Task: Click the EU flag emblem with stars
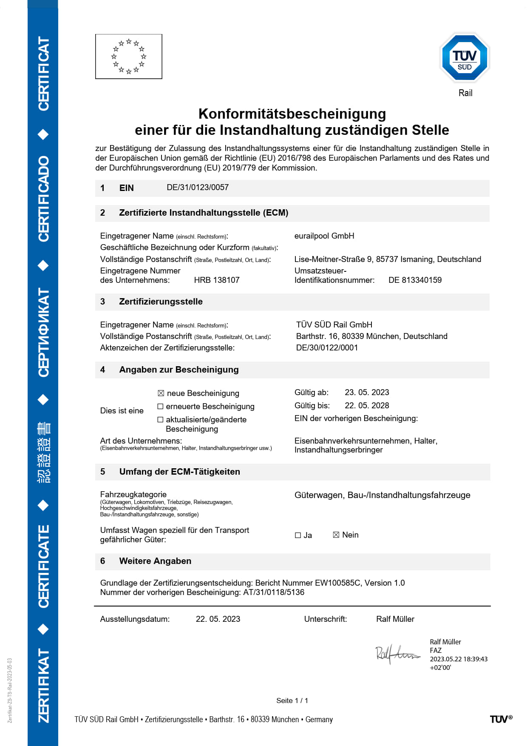(128, 57)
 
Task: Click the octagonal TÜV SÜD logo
(465, 58)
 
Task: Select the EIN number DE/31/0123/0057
(198, 188)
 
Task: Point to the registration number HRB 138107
(217, 280)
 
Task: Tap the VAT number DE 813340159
(415, 280)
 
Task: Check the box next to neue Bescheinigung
(161, 393)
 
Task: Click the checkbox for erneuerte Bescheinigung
(160, 407)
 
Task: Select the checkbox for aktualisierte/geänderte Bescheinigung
(160, 420)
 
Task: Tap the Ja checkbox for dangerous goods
(298, 535)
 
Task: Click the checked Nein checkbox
(336, 535)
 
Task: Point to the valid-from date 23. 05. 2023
(367, 393)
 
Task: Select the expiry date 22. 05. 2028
(367, 406)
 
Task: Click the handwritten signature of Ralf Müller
(397, 654)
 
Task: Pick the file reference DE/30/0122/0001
(327, 348)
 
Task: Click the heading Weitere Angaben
(155, 561)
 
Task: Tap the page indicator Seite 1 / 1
(292, 700)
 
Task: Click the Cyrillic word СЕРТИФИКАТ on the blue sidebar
(43, 333)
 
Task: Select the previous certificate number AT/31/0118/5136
(274, 592)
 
